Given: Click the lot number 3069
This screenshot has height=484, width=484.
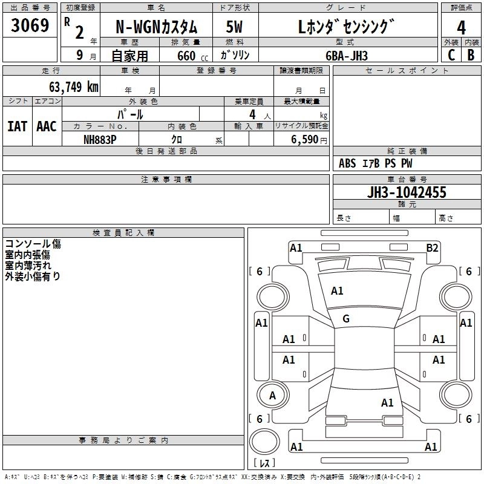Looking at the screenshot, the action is click(x=30, y=27).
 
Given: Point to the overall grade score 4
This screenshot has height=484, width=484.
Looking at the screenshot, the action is click(x=461, y=27).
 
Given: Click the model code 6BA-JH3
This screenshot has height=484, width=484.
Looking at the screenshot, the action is click(x=345, y=55).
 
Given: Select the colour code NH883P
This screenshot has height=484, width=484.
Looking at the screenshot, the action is click(x=100, y=139).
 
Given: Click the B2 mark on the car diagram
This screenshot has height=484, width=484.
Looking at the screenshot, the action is click(x=432, y=247).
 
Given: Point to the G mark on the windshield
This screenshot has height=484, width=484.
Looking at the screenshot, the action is click(x=346, y=319).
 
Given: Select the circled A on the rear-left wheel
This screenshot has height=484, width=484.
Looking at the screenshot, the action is click(x=272, y=396).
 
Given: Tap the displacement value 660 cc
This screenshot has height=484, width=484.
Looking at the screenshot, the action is click(x=186, y=56).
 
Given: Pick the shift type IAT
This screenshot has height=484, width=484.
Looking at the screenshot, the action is click(x=17, y=126).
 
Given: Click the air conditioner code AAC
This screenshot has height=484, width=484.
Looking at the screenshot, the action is click(x=46, y=126).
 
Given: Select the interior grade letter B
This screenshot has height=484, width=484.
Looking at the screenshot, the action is click(x=471, y=55).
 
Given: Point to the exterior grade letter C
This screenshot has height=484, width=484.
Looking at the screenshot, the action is click(x=451, y=55).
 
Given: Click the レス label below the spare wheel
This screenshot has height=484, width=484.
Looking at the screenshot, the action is click(x=264, y=463).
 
